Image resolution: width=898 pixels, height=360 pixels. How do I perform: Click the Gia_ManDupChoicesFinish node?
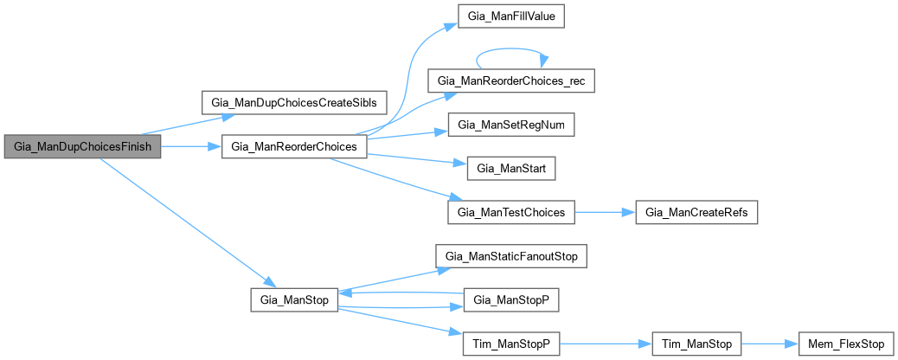coord(82,147)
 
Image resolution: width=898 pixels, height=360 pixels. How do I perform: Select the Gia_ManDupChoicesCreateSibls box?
coord(294,101)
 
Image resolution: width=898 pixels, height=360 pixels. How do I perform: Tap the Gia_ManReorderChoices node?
coord(295,147)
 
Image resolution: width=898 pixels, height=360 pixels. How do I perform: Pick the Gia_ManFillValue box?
coord(511,16)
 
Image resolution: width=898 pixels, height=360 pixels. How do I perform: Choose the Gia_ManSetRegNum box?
coord(511,125)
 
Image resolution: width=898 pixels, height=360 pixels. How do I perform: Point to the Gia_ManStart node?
coord(510,169)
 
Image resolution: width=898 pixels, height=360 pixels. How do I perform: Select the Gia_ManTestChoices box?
coord(511,212)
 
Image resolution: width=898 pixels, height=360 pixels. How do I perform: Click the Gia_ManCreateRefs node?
coord(697,212)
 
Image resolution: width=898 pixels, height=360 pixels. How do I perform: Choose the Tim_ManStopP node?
coord(510,344)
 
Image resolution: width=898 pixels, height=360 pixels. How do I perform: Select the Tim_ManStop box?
coord(697,344)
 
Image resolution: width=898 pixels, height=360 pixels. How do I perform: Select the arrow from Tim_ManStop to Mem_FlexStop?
coord(770,344)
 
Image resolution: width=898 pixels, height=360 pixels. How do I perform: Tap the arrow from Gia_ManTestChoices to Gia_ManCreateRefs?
coord(605,212)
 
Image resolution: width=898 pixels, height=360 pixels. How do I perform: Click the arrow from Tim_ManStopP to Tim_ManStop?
coord(606,344)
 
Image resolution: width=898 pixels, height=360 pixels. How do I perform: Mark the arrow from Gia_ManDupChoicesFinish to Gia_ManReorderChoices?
coord(191,147)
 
